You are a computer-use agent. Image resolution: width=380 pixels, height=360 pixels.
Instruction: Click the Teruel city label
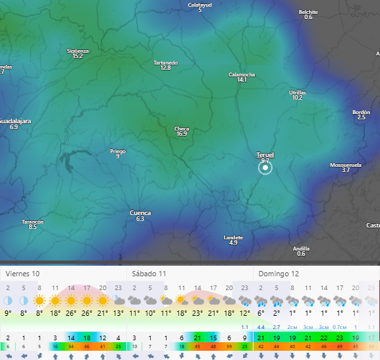click(x=265, y=155)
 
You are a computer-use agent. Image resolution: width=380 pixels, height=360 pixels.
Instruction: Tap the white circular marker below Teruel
click(x=265, y=168)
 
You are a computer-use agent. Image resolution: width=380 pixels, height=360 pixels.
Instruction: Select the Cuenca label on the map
click(x=140, y=213)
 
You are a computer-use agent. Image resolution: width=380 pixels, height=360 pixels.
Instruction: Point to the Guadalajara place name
click(x=14, y=121)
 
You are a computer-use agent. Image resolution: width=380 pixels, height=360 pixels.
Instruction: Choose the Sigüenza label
click(x=78, y=51)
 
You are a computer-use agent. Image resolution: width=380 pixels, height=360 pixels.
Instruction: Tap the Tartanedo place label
click(x=165, y=63)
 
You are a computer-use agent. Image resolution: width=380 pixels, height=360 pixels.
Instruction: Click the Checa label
click(x=182, y=129)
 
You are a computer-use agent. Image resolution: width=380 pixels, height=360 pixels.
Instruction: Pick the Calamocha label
click(x=242, y=75)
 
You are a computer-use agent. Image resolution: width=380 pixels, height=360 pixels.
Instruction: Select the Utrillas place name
click(x=298, y=92)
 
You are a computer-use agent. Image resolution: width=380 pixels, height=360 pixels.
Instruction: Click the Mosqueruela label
click(x=346, y=165)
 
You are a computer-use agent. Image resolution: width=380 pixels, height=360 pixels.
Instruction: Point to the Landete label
click(x=233, y=237)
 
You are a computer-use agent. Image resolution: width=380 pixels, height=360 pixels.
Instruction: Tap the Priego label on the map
click(x=118, y=151)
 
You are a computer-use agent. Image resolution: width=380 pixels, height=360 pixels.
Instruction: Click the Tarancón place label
click(x=32, y=222)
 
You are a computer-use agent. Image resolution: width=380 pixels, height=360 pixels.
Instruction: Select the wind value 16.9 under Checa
click(x=182, y=134)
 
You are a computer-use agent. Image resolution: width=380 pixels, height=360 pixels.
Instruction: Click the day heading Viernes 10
click(x=22, y=272)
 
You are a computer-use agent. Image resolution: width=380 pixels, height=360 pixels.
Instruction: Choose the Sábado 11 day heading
click(x=149, y=272)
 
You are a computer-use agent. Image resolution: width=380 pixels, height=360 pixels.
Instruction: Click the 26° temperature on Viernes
click(x=70, y=313)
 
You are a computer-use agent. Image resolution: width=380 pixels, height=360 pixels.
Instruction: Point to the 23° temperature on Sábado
click(x=197, y=313)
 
